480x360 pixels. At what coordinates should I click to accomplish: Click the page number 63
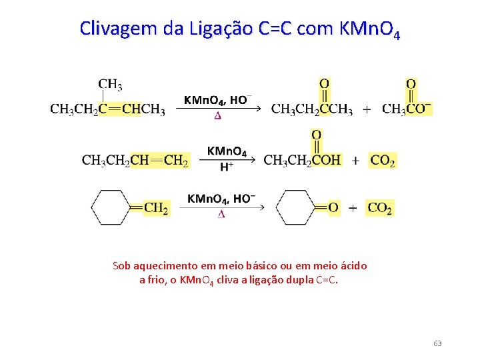tap(437, 343)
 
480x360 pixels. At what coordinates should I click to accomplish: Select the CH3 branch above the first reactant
tap(110, 85)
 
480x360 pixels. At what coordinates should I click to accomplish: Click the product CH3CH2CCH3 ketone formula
tap(311, 109)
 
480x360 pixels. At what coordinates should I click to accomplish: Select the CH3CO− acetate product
tap(407, 109)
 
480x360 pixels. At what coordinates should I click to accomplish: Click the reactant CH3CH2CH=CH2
tap(135, 160)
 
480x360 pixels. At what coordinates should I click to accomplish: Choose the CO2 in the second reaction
tap(382, 160)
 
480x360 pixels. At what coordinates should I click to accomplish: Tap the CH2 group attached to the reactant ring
tap(156, 208)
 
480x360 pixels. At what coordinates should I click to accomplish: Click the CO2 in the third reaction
tap(380, 208)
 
